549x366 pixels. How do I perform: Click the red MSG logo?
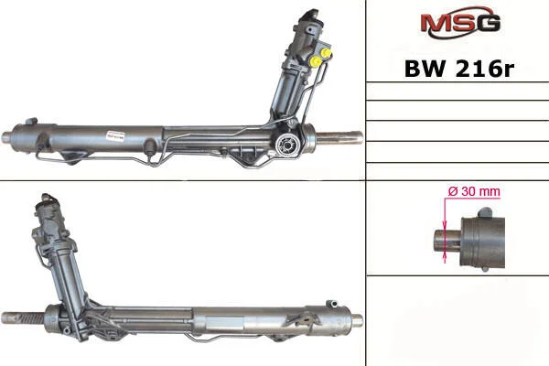[460, 23]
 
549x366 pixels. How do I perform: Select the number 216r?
[485, 69]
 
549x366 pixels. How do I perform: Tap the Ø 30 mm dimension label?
[474, 191]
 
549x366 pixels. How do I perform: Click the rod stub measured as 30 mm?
[447, 240]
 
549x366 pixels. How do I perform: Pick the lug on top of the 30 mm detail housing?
[485, 212]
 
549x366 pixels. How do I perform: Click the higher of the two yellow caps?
[327, 52]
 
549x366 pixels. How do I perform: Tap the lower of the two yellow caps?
[317, 61]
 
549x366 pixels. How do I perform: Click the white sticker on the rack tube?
[115, 136]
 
